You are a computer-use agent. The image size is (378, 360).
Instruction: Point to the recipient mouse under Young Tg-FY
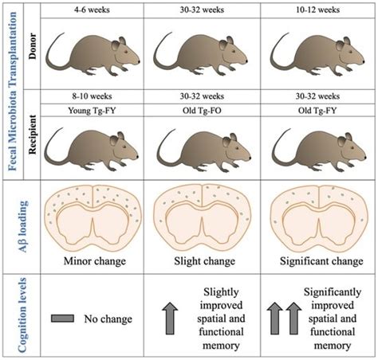click(93, 151)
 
